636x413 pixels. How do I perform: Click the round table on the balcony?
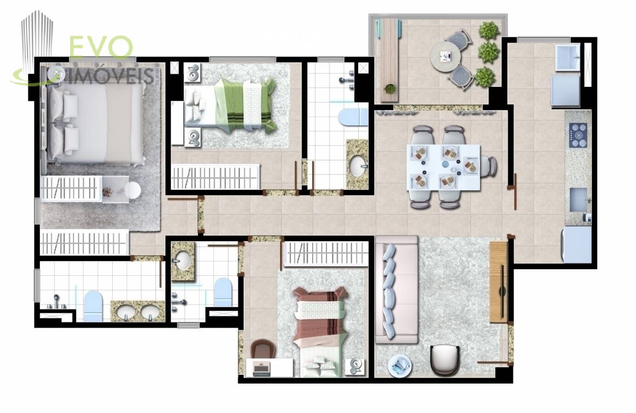click(x=446, y=58)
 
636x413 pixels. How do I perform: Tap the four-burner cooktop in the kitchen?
click(x=578, y=136)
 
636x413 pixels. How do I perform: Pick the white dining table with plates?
click(x=443, y=167)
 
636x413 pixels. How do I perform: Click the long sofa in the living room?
click(x=396, y=289)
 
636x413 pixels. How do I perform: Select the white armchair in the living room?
click(x=445, y=360)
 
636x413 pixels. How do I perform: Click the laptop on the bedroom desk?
click(x=262, y=369)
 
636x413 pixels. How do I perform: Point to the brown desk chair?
click(x=263, y=350)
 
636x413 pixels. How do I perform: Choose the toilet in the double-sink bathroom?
click(x=93, y=306)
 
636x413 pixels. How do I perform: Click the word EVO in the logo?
click(x=101, y=47)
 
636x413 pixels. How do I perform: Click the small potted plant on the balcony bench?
click(x=390, y=88)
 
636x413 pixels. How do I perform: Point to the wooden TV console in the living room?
click(x=498, y=282)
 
